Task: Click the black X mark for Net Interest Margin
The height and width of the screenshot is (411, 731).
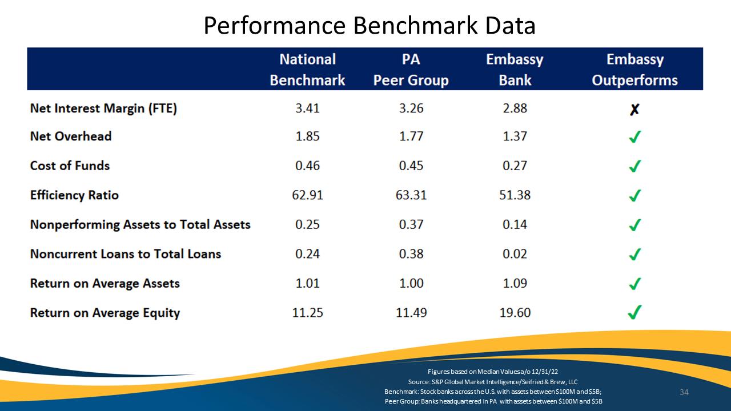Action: click(x=634, y=109)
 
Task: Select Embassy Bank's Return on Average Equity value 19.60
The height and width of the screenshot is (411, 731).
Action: click(x=515, y=313)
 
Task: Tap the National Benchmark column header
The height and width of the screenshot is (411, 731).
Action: click(x=307, y=70)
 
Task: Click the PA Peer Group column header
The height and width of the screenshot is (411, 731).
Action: click(x=411, y=70)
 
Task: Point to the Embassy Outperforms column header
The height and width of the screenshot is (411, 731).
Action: click(x=634, y=70)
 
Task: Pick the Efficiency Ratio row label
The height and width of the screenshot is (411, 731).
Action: click(x=74, y=195)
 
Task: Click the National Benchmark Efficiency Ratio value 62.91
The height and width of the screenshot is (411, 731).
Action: click(x=307, y=195)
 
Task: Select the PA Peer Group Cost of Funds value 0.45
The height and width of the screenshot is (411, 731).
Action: click(x=411, y=166)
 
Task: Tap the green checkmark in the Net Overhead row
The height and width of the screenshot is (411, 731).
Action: click(x=634, y=136)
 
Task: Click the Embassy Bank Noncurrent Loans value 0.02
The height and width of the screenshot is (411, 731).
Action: click(x=515, y=254)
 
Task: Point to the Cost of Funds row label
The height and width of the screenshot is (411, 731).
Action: click(x=70, y=166)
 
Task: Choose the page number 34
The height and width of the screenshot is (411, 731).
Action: click(x=684, y=392)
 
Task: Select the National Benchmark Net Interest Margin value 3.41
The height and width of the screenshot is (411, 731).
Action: click(x=307, y=108)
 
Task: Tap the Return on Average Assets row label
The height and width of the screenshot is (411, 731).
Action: click(x=105, y=284)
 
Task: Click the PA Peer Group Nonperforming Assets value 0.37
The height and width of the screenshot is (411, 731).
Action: click(x=411, y=224)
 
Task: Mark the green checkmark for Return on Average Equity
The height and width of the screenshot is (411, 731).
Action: click(x=634, y=312)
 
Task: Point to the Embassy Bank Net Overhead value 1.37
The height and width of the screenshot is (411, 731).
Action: click(x=515, y=136)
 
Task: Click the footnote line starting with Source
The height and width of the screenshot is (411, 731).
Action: click(x=493, y=382)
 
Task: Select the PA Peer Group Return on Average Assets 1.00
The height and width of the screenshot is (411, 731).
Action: click(x=411, y=284)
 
